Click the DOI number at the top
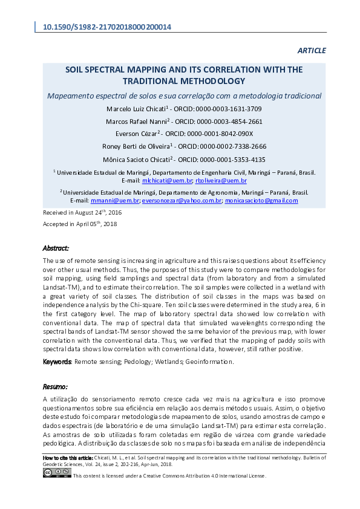(107, 27)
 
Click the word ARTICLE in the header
(312, 50)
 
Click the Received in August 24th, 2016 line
(82, 213)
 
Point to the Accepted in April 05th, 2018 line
(80, 224)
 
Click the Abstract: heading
(56, 248)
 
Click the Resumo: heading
(55, 386)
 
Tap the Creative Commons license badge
(57, 473)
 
